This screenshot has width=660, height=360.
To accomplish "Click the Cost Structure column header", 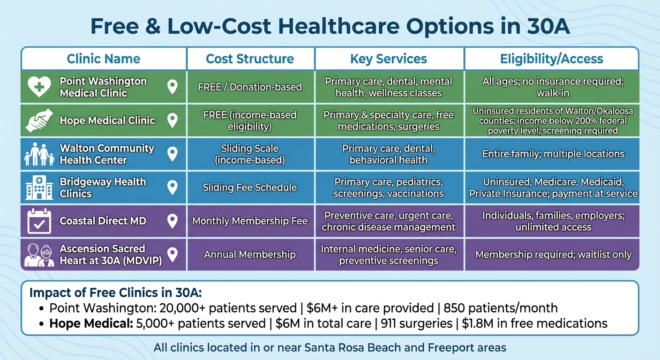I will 250,59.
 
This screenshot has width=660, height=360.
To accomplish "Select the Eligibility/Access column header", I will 551,59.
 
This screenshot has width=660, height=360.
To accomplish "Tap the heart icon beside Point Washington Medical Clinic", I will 39,86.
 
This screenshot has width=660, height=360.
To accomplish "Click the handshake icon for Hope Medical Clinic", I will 39,120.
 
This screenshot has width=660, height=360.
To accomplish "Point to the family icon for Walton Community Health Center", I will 39,154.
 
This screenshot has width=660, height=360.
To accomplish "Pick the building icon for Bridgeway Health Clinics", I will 39,188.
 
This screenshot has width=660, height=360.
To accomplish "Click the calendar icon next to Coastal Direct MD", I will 39,221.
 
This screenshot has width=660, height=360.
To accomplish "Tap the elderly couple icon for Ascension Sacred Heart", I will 39,255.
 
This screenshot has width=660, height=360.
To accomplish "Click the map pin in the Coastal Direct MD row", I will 172,221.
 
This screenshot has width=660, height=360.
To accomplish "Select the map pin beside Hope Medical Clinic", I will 172,120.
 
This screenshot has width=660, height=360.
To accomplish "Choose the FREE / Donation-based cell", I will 250,87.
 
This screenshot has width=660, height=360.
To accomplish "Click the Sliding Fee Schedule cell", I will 250,187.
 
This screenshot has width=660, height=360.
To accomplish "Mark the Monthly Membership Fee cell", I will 250,221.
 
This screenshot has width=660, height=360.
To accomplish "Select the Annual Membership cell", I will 250,255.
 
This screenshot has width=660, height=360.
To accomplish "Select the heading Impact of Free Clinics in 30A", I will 115,293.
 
